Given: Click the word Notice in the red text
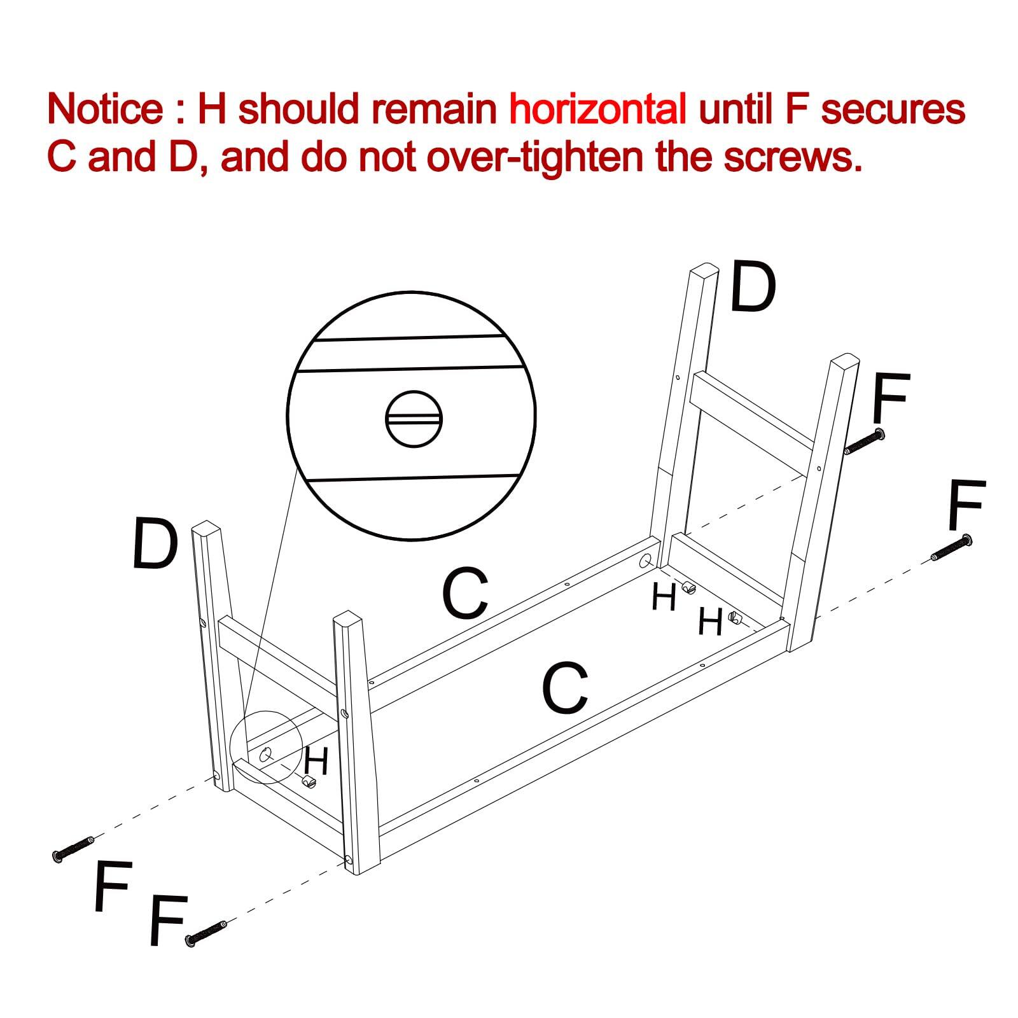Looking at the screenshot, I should tap(105, 109).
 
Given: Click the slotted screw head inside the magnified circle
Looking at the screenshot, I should tap(414, 419).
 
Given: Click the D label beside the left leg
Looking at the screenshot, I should tap(155, 544).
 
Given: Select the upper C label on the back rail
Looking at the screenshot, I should tap(465, 594).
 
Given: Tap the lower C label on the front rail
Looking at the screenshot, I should tap(564, 688).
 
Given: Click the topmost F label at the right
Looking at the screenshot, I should tap(891, 398).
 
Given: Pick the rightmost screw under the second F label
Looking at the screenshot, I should tap(951, 548).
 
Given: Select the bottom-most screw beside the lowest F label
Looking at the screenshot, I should tap(205, 933).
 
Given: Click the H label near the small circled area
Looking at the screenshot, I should tap(316, 761).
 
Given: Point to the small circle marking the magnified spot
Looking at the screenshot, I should tap(266, 746).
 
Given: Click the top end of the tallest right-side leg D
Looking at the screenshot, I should tap(704, 270).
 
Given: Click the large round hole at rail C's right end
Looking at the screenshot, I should tap(645, 561).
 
